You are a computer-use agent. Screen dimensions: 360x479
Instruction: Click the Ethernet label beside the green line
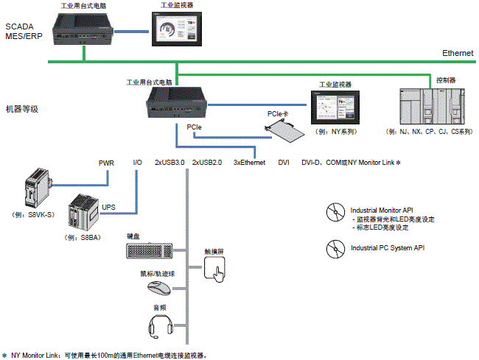pos(458,54)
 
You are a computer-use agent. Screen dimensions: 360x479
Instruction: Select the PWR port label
pos(106,162)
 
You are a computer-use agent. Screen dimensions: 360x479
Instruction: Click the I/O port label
pos(137,162)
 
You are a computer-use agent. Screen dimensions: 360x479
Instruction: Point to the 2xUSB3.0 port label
pos(169,162)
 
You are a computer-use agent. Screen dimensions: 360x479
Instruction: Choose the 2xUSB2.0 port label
pos(207,162)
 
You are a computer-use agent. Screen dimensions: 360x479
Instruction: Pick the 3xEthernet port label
pos(249,162)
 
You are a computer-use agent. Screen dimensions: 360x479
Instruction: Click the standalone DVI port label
pos(284,162)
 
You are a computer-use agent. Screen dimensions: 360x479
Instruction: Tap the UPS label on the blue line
pos(108,208)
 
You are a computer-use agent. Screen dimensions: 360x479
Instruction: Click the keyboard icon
pos(150,250)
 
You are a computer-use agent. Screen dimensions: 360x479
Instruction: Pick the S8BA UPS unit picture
pos(82,214)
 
